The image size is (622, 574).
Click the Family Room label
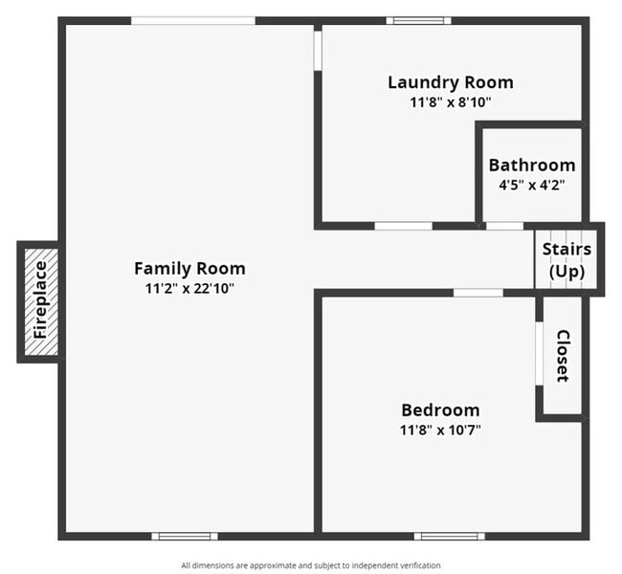point(189,269)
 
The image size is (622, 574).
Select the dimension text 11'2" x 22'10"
point(189,288)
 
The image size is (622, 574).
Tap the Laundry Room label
point(450,82)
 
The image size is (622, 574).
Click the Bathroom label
point(532,166)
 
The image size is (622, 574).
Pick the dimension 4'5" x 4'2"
point(532,185)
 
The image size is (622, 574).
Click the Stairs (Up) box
point(566,259)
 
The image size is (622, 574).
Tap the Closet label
point(563,356)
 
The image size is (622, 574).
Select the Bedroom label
point(440,410)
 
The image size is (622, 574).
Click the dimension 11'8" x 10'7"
point(440,430)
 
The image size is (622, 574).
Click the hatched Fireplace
point(39,301)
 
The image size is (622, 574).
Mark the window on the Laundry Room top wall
point(418,20)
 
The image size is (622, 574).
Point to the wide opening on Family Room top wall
point(192,20)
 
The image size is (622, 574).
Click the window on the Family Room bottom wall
point(184,536)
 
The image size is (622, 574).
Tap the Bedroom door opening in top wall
point(478,293)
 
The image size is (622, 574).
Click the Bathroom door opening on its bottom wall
point(504,226)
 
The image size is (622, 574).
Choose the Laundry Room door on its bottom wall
point(403,226)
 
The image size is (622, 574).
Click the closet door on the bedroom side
point(539,354)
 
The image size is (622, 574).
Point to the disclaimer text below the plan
point(311,565)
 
